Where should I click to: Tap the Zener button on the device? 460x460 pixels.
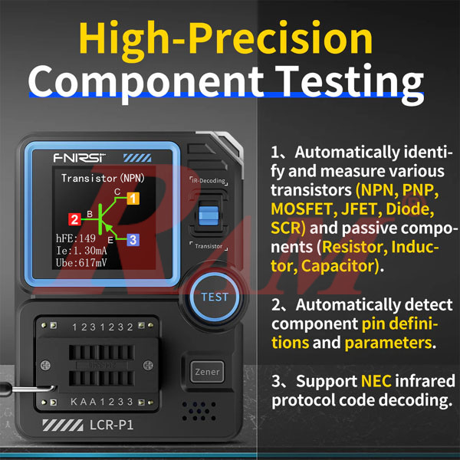click(203, 372)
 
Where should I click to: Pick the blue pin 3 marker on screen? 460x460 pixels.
click(133, 240)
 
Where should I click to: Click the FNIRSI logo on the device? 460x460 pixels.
click(79, 158)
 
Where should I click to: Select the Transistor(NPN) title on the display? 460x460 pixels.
click(103, 179)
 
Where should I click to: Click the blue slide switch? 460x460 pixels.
click(208, 215)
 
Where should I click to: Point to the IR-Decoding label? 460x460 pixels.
click(208, 181)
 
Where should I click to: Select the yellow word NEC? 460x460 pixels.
click(376, 381)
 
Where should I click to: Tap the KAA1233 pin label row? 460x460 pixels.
click(102, 402)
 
